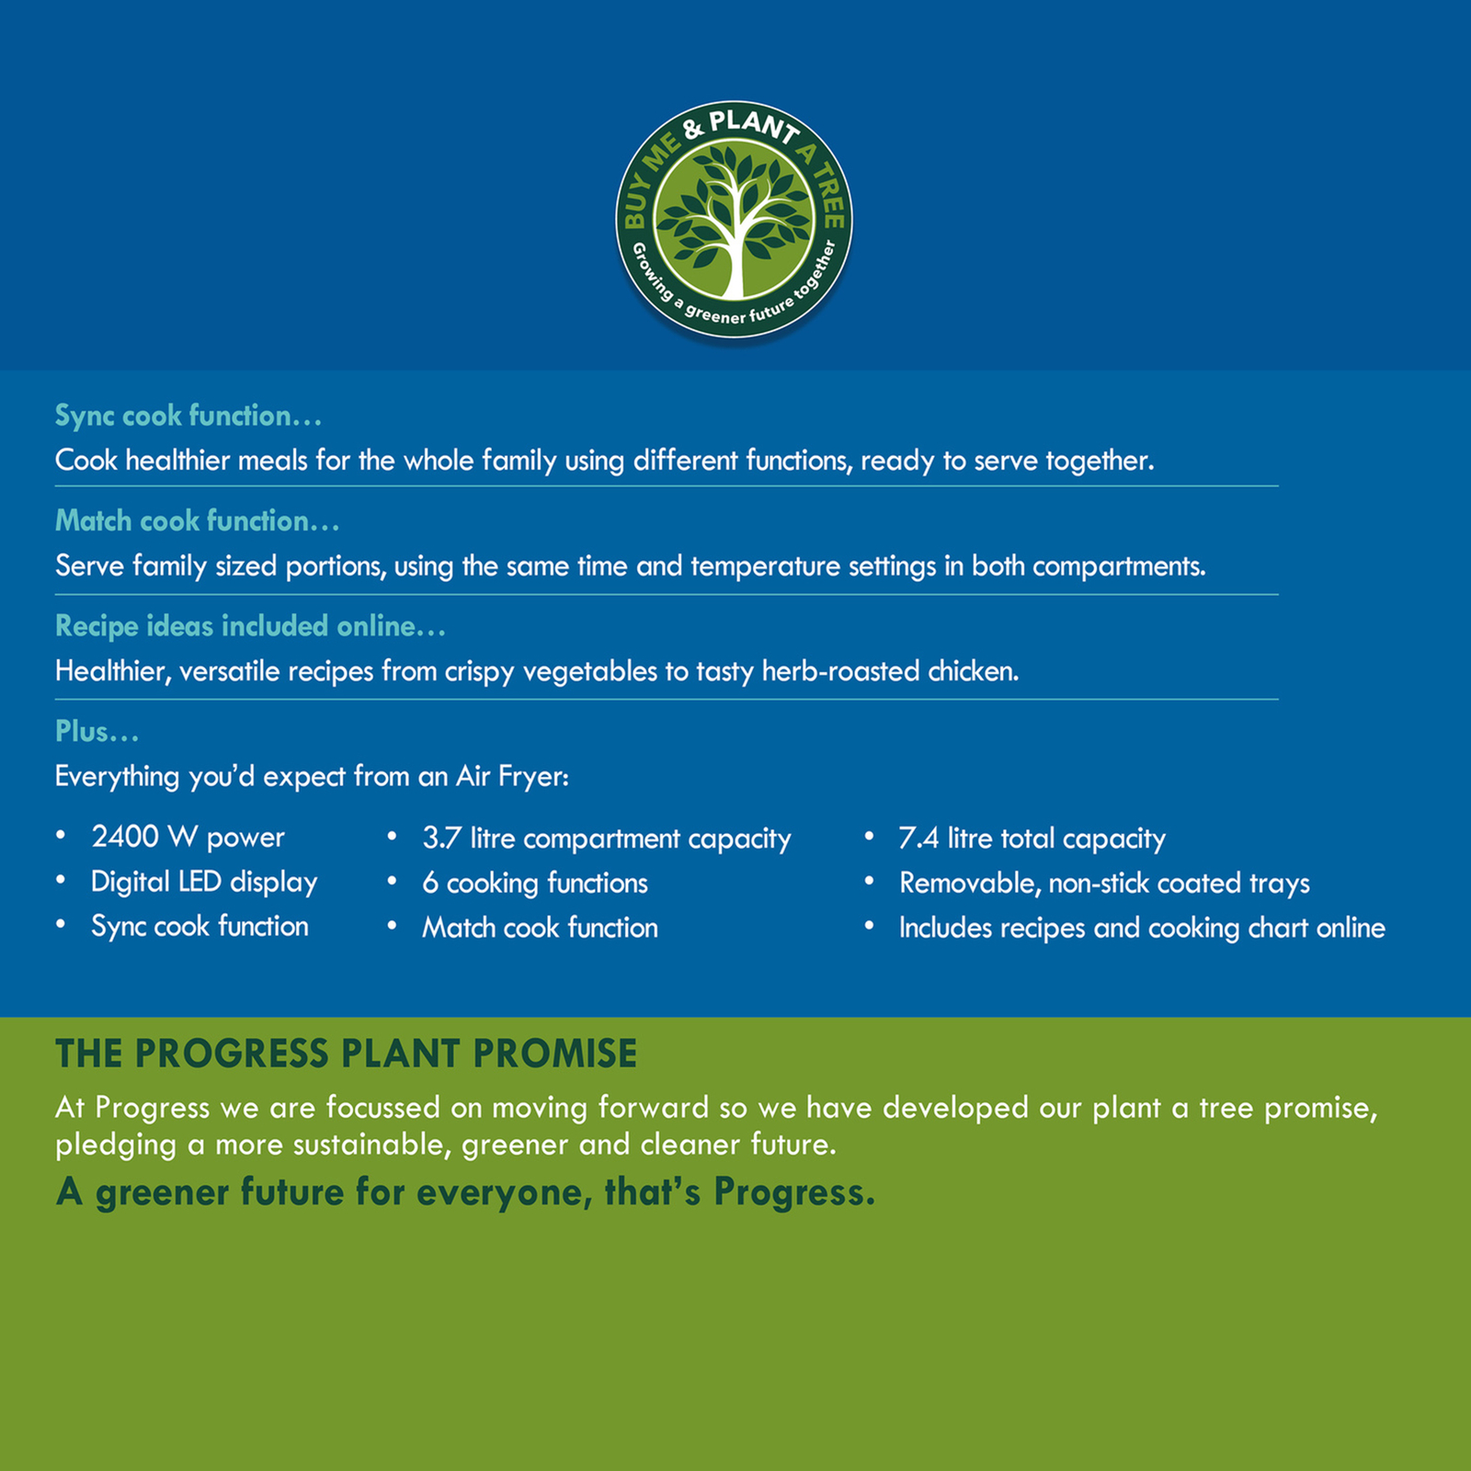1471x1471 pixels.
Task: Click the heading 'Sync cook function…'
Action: point(188,416)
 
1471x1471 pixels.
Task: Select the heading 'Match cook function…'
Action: point(198,521)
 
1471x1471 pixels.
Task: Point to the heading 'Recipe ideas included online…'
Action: point(250,626)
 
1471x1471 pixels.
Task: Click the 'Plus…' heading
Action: point(97,732)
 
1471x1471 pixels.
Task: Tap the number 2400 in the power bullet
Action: point(125,837)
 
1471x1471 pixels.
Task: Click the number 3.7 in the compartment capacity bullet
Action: point(441,838)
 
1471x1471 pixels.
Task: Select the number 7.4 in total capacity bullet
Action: point(918,838)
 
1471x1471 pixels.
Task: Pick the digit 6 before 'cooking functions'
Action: point(430,884)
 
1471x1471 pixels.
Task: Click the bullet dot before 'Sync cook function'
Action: point(61,925)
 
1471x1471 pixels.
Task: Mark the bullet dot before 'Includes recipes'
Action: point(869,926)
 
